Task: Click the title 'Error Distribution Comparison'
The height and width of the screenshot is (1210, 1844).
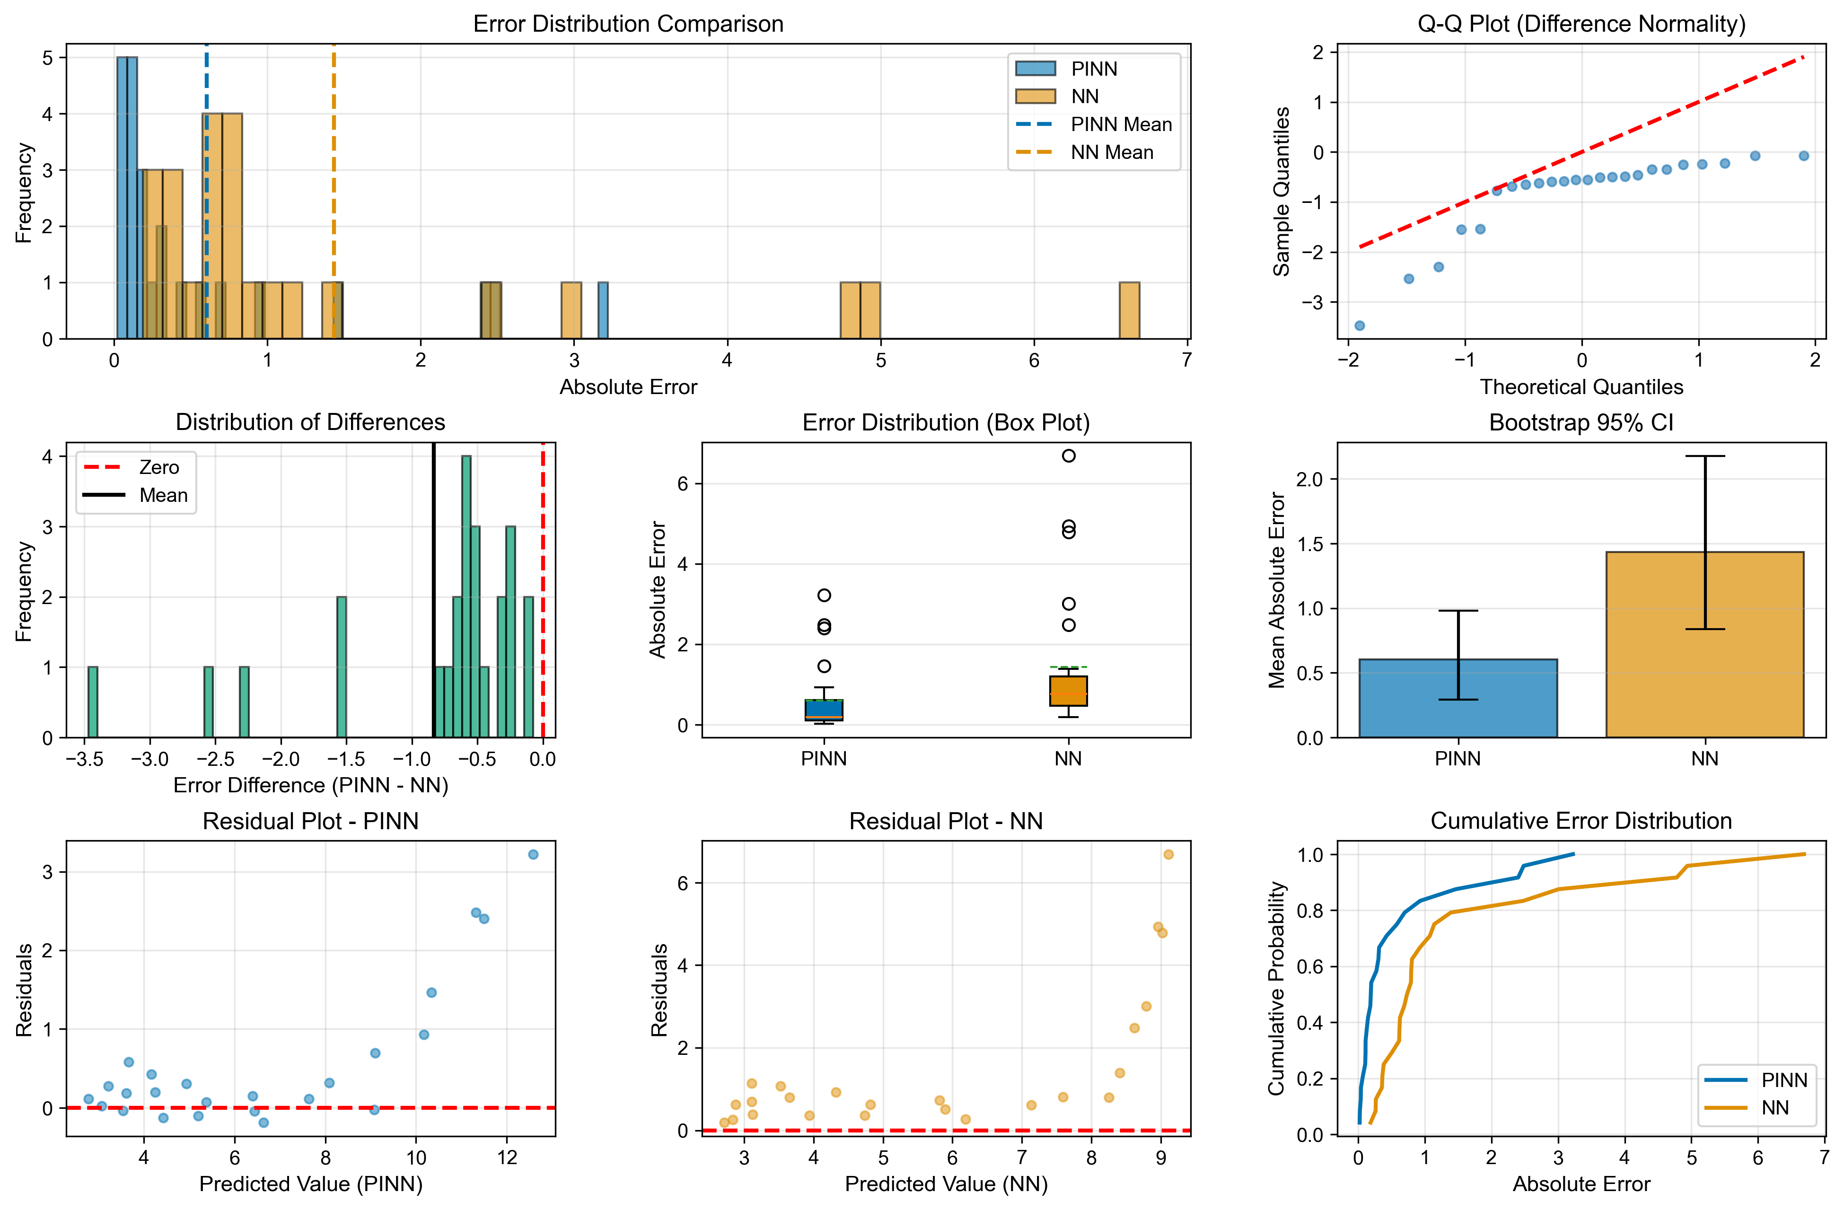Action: pos(628,24)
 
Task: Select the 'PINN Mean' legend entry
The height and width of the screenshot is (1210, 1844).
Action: pos(1120,125)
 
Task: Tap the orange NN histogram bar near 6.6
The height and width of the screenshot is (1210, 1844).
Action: pos(1129,311)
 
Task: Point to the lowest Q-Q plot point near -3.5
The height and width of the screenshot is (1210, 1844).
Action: pos(1359,325)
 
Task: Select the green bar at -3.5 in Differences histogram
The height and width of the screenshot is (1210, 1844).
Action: pos(93,702)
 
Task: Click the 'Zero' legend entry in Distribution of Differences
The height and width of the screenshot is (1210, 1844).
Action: pos(159,467)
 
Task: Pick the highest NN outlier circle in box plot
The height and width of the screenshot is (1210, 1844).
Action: pos(1069,456)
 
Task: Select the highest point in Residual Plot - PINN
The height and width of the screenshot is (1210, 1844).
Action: pos(533,854)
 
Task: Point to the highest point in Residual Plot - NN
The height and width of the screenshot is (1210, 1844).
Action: pos(1168,854)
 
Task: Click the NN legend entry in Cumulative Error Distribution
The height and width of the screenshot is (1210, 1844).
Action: pos(1774,1108)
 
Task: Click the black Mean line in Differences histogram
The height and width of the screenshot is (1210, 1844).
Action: pos(433,589)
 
